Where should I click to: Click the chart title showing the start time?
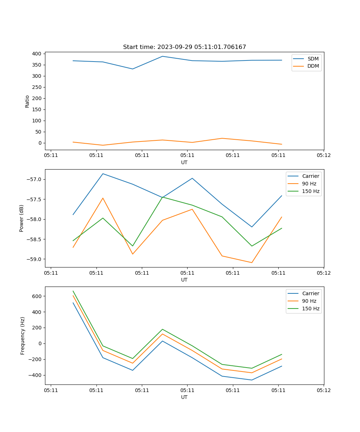184,47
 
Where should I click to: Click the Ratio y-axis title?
27,101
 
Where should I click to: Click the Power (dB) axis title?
22,218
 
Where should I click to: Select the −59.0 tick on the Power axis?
35,259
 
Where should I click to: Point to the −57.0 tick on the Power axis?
35,179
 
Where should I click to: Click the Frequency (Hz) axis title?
22,336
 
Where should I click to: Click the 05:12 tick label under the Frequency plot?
323,390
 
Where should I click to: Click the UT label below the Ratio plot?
184,162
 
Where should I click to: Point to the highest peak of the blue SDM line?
162,56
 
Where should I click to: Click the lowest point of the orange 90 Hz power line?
252,262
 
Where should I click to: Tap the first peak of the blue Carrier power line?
103,174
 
